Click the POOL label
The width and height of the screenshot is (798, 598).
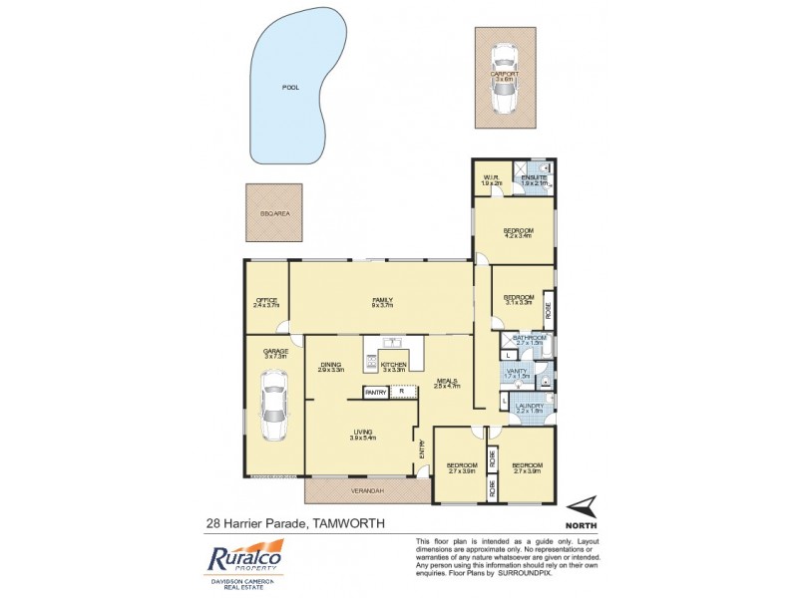click(290, 88)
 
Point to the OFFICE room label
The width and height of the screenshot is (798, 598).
click(265, 300)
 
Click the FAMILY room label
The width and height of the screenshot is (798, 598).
click(380, 300)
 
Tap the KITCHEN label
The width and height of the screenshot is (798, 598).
click(393, 366)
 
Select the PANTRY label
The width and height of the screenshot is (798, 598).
click(375, 393)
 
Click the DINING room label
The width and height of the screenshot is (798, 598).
click(331, 366)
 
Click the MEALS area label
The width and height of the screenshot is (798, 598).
click(447, 381)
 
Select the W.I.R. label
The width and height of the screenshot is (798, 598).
click(490, 178)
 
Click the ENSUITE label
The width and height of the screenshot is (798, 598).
click(534, 178)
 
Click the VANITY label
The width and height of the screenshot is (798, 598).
click(517, 372)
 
